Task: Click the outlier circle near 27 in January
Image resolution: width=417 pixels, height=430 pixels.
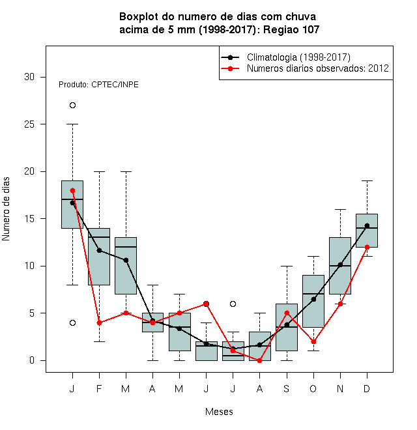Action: tap(72, 106)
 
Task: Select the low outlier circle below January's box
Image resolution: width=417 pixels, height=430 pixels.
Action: tap(72, 322)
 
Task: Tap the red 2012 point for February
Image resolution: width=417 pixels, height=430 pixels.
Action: tap(99, 322)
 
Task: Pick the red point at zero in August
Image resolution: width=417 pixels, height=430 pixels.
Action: tap(259, 361)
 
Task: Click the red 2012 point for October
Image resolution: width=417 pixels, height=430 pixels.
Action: tap(313, 341)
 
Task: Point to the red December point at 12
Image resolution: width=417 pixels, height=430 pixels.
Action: tap(367, 247)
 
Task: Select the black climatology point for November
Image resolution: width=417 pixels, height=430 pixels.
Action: tap(340, 265)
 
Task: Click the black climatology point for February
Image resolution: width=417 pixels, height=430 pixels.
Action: tap(99, 250)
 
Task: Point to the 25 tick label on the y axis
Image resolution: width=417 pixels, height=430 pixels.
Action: tap(29, 124)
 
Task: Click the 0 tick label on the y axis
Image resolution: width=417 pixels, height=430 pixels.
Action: tap(32, 360)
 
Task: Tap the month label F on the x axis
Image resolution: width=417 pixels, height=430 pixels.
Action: tap(99, 388)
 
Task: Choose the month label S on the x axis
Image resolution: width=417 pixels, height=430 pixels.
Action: tap(287, 388)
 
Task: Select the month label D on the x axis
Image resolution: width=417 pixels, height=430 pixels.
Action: tap(367, 388)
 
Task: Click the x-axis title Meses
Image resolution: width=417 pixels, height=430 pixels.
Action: tap(219, 412)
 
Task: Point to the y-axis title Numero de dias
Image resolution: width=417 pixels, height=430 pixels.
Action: tap(6, 209)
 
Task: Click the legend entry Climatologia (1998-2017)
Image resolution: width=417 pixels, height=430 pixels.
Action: tap(286, 57)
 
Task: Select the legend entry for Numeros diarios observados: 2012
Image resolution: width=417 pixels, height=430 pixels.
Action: tap(305, 68)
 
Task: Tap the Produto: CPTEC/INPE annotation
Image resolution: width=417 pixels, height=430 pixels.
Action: tap(98, 85)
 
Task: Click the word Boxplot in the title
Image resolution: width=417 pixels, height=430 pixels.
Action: tap(139, 17)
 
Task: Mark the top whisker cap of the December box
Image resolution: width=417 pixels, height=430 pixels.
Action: tap(367, 181)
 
